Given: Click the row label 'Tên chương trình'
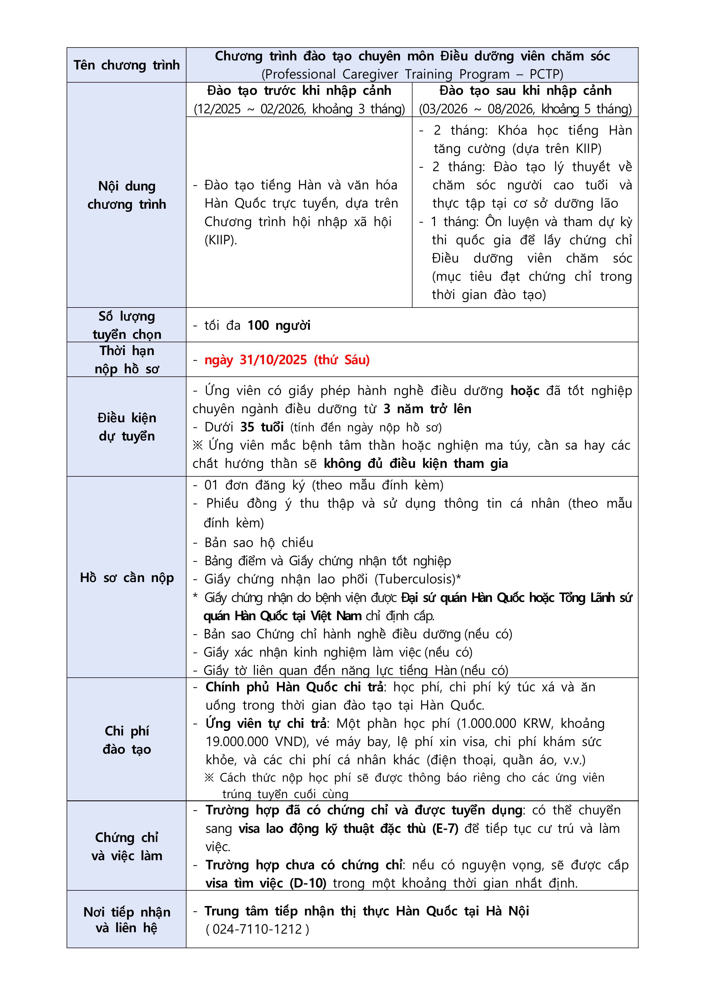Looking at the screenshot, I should coord(126,65).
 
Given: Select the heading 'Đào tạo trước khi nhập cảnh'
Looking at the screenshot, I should coord(299,91).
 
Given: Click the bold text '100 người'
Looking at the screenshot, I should coord(279,325).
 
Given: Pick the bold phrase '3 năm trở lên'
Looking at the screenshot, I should coord(427,409).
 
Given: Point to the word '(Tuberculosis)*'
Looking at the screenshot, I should coord(418,579).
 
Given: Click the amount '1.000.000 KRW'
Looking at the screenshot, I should coord(506,723).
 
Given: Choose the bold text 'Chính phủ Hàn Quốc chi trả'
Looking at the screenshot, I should coord(294,687).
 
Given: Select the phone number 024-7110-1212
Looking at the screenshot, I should coord(257,929).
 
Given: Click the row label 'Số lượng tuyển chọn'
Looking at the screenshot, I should coord(126,325).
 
